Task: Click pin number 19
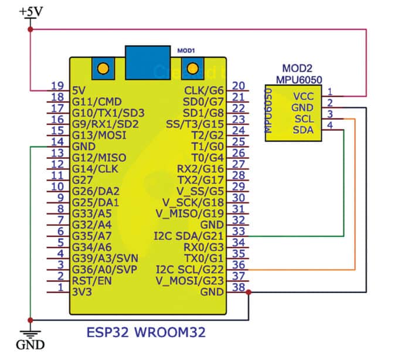pos(57,86)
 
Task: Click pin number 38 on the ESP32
pos(238,287)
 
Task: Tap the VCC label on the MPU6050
pos(304,96)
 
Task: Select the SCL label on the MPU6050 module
pos(303,118)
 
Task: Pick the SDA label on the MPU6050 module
pos(303,130)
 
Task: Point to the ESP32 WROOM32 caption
pos(146,331)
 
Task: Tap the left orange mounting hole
pos(103,69)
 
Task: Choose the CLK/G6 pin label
pos(203,91)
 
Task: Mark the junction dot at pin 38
pos(249,292)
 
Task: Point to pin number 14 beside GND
pos(57,141)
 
